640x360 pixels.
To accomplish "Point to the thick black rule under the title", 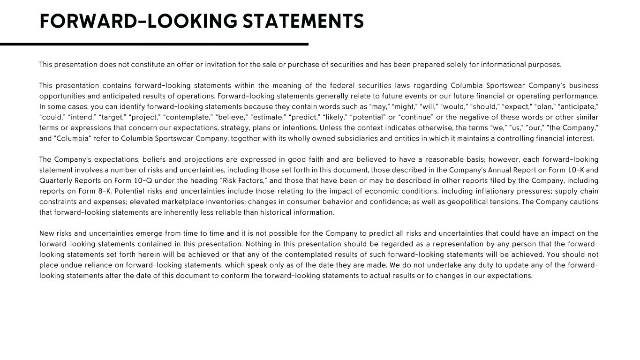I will [x=154, y=44].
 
